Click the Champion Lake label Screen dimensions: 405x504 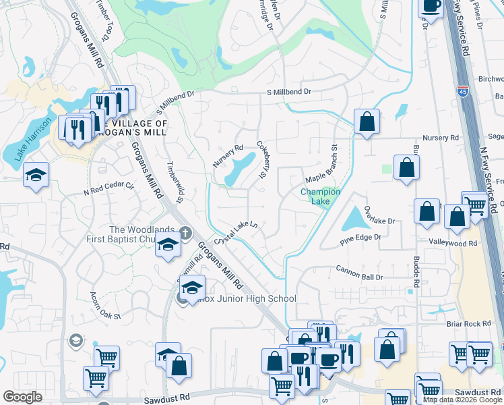(320, 196)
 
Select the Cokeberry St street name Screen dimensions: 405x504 (262, 160)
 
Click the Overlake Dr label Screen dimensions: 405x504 (379, 215)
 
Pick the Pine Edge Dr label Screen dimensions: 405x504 (360, 238)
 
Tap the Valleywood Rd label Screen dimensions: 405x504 (452, 242)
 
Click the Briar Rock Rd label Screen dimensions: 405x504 (468, 324)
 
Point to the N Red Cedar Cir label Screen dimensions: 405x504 (109, 190)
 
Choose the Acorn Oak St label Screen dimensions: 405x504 (105, 306)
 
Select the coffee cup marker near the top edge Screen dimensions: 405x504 (431, 7)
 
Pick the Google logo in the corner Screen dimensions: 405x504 (22, 397)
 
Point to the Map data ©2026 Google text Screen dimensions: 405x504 (463, 400)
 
